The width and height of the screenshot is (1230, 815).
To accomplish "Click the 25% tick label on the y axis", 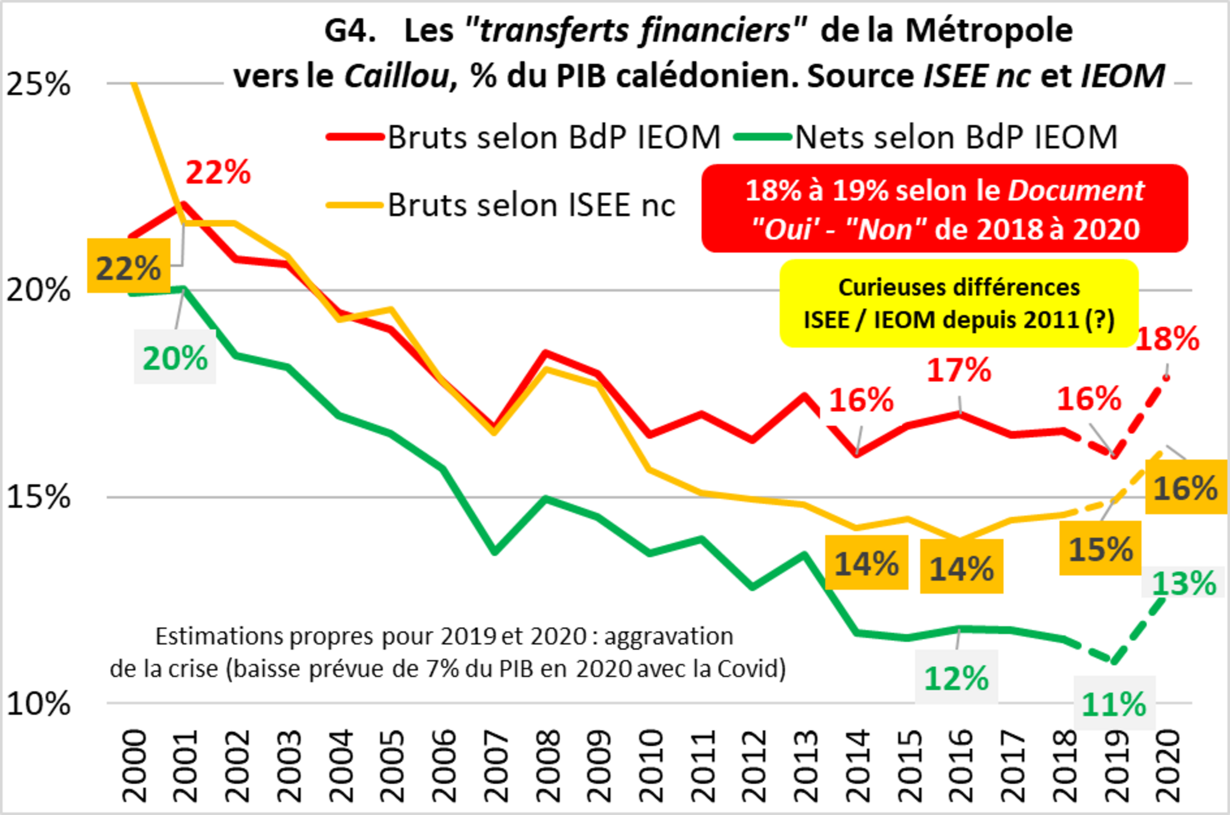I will pos(38,85).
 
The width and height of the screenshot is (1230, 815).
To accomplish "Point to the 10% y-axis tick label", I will pos(38,704).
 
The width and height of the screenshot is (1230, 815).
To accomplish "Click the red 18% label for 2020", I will pos(1167,339).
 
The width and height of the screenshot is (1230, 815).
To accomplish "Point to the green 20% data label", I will pos(175,358).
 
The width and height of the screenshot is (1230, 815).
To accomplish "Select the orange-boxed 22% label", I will pos(129,267).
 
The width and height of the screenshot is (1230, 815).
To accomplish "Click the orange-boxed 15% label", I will pos(1100,549).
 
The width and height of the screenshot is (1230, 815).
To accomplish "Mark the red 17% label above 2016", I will pos(959,370).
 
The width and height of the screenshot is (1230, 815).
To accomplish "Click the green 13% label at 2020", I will pos(1184,583).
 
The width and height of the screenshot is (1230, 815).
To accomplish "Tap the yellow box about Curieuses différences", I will pos(959,304).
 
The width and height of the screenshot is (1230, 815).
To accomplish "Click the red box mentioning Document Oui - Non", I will pos(945,209).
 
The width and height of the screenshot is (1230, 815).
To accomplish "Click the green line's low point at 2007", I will pos(495,552).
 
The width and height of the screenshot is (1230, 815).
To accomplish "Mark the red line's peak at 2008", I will pos(547,354).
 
